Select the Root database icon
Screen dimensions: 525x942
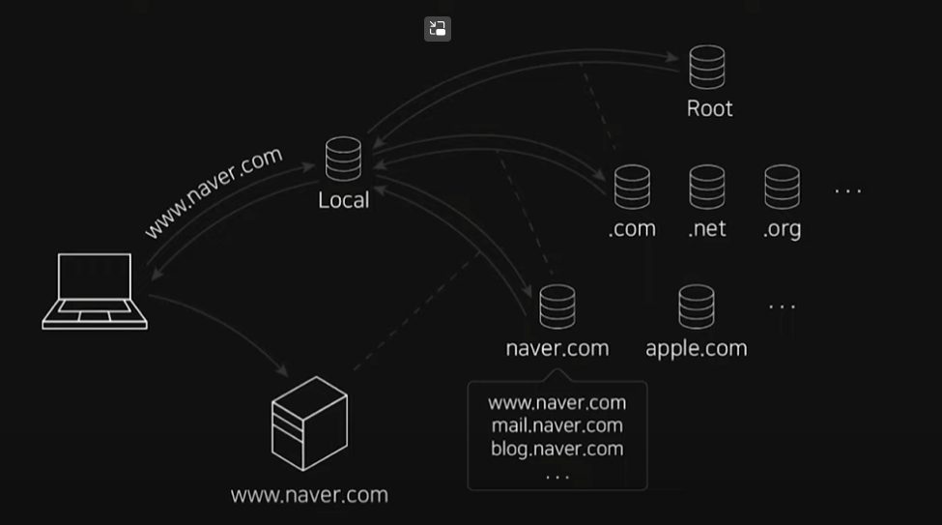(x=707, y=67)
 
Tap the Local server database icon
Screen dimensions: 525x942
(x=343, y=159)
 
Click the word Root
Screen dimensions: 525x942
(x=709, y=108)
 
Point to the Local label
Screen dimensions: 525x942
(x=344, y=200)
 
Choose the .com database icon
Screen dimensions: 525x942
(x=632, y=187)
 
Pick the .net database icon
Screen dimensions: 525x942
(x=707, y=187)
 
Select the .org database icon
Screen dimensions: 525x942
(x=782, y=187)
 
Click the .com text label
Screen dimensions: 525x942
(x=632, y=229)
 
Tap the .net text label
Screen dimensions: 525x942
(x=707, y=229)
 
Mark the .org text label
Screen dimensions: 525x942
(x=782, y=229)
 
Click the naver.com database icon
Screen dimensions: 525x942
(x=557, y=306)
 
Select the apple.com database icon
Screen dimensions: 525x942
(x=697, y=306)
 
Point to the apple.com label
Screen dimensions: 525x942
(x=697, y=348)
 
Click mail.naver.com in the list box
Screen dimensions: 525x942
(x=557, y=425)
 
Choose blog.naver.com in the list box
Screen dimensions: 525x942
(x=557, y=449)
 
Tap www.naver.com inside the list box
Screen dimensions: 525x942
(x=557, y=402)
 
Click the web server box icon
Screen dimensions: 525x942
(x=309, y=423)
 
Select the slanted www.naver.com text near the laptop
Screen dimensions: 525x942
(x=214, y=191)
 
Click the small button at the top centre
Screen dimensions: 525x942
(x=438, y=29)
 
